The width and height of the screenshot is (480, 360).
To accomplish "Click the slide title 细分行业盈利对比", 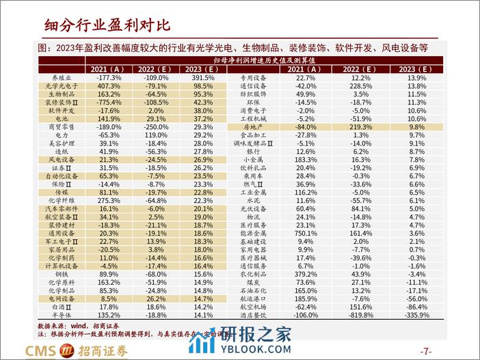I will pyautogui.click(x=107, y=25).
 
